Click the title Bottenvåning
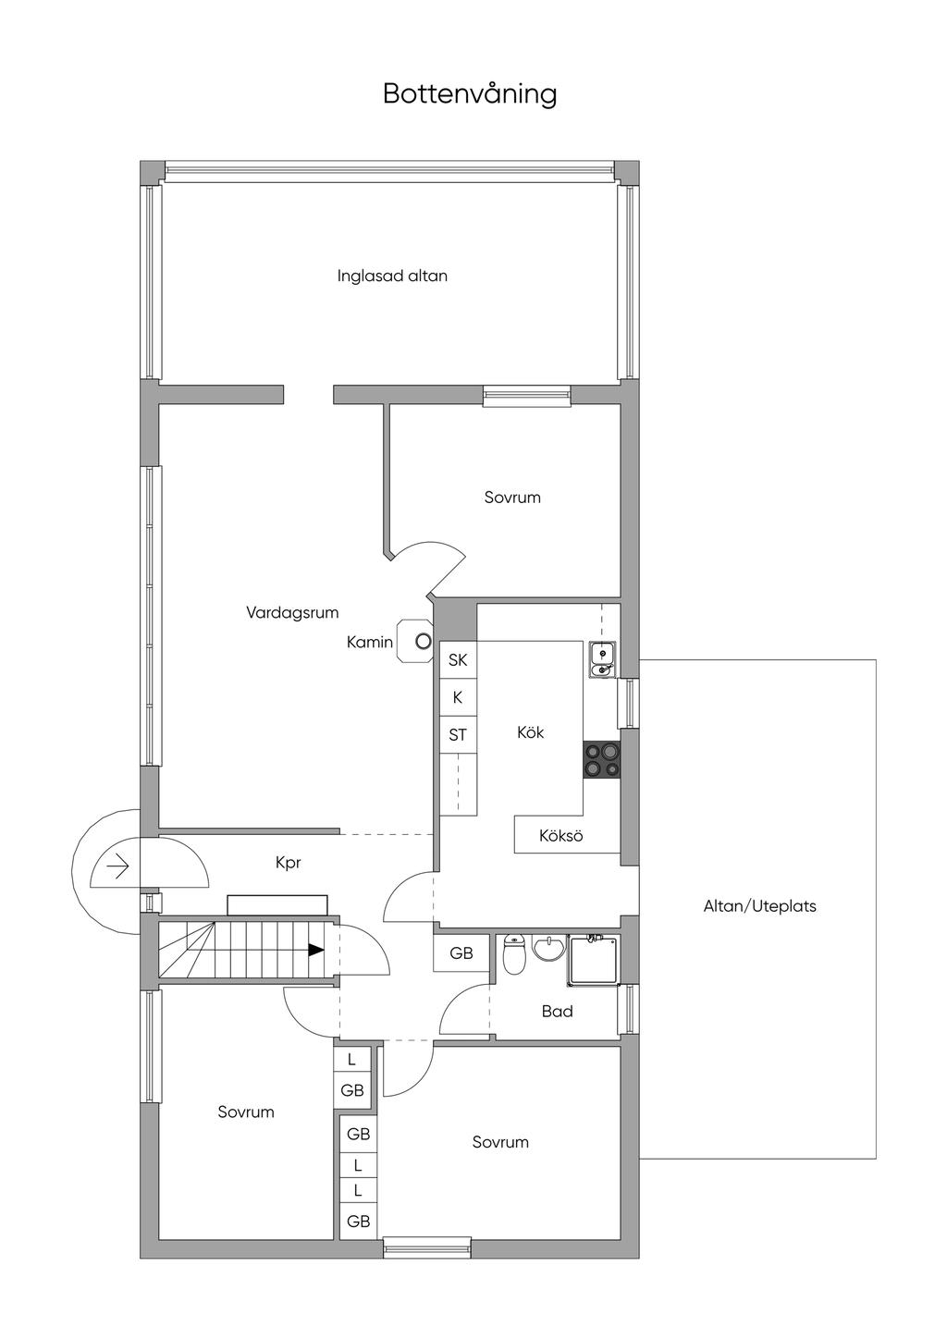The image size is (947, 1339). (470, 94)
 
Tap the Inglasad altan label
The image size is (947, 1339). (392, 276)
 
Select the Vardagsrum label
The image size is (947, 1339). (292, 613)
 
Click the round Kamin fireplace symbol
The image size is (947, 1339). (424, 642)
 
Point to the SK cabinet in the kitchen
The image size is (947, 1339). (458, 660)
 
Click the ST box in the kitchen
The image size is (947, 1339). (458, 734)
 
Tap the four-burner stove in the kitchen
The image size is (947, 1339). (601, 759)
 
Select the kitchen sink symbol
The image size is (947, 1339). (603, 659)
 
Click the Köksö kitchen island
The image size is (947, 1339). (567, 835)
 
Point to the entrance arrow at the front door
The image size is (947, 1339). (119, 866)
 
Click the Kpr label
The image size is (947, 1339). (289, 863)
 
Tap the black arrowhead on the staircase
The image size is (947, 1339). (315, 949)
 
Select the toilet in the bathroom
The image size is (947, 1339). (513, 954)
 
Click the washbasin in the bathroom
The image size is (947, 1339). (548, 949)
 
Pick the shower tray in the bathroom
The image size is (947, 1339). (593, 961)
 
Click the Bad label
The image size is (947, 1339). (558, 1012)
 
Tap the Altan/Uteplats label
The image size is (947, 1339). (760, 906)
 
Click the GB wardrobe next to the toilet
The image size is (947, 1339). (461, 953)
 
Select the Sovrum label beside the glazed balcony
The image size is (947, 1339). (512, 498)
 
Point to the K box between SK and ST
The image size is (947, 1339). (458, 697)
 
